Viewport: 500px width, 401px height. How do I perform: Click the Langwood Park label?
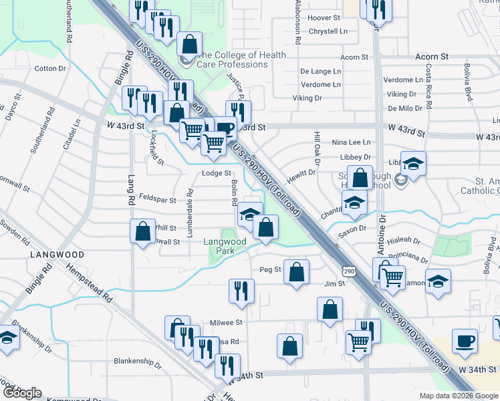click(x=225, y=246)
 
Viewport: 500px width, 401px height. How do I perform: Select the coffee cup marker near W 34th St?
click(x=465, y=342)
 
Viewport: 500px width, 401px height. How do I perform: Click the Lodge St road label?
click(x=216, y=173)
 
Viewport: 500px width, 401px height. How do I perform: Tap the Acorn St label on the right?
click(x=431, y=57)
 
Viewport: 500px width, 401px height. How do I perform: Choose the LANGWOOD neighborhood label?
click(x=57, y=255)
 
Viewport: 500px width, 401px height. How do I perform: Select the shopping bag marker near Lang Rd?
click(x=142, y=232)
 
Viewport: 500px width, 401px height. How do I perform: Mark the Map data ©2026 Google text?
click(x=458, y=396)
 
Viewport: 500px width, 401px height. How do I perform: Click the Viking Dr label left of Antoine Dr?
click(x=307, y=98)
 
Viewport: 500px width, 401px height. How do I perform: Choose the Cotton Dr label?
click(x=50, y=68)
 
